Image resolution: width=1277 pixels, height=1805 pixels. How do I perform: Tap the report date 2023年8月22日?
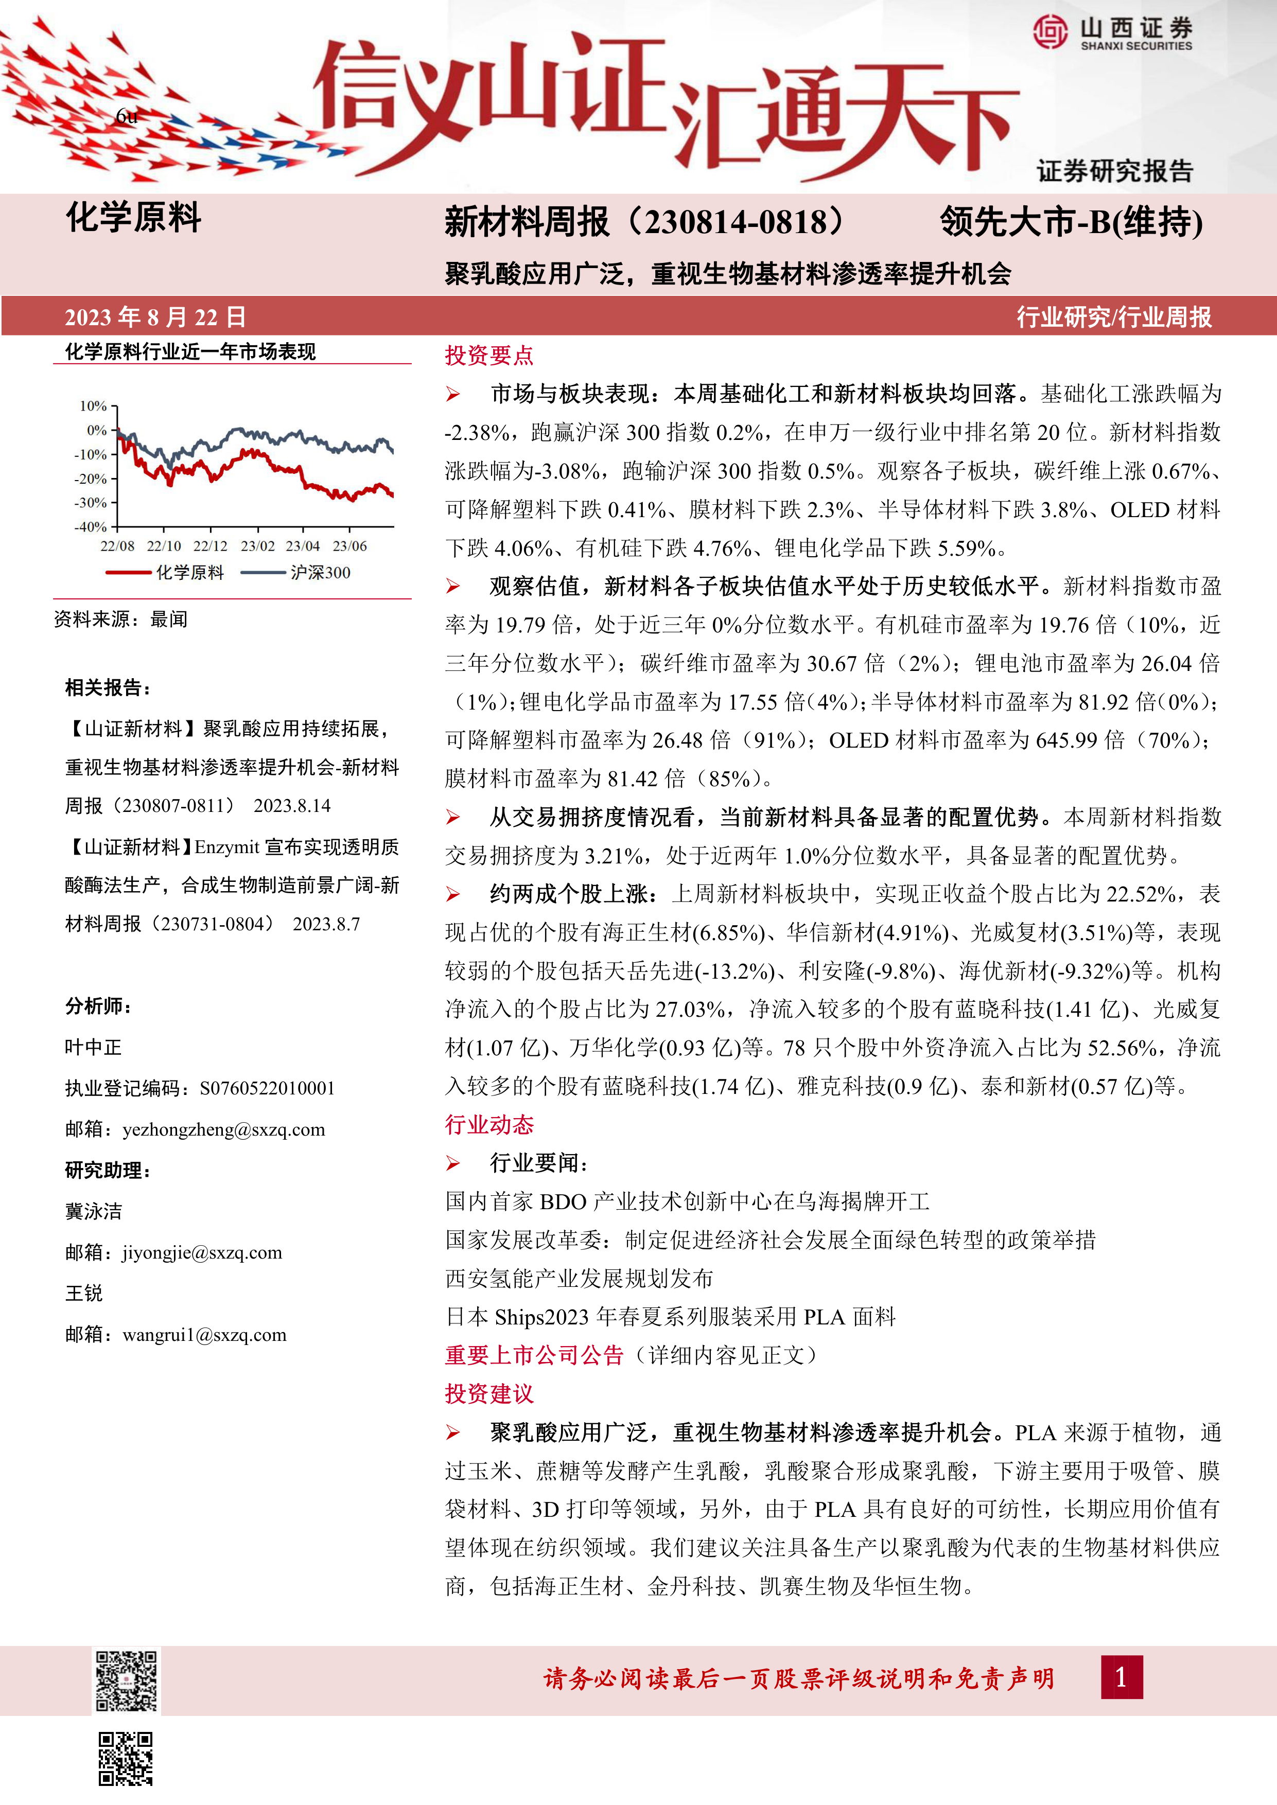[x=155, y=317]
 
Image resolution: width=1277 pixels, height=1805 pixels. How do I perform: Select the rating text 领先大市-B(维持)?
[x=1071, y=222]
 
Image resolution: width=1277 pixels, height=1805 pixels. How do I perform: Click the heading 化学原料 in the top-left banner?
[x=134, y=218]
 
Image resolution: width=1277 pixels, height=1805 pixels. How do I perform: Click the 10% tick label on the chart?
[x=94, y=405]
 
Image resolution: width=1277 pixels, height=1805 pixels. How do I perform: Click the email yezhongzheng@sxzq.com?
[x=223, y=1130]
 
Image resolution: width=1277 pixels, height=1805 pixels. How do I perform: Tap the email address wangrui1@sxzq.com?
[x=204, y=1335]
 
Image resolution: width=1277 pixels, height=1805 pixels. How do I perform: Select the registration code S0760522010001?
[x=267, y=1089]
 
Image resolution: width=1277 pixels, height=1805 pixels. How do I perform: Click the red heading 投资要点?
[x=489, y=356]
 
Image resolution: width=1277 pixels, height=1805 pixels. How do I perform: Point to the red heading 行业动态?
[x=489, y=1125]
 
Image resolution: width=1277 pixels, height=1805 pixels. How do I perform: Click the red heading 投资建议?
[x=489, y=1394]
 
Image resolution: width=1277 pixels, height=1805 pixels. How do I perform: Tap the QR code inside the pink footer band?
[x=127, y=1680]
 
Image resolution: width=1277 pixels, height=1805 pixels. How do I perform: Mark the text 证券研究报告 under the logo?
[x=1114, y=171]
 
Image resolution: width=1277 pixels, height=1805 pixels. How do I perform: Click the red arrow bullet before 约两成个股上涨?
[x=453, y=895]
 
